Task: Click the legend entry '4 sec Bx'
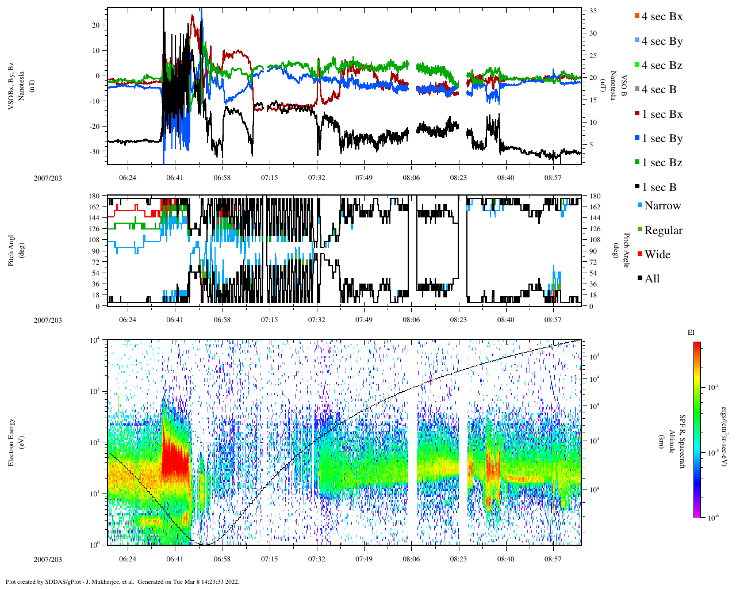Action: point(662,17)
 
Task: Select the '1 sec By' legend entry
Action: point(662,139)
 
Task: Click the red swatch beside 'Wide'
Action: point(640,254)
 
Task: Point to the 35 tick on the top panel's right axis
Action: point(593,11)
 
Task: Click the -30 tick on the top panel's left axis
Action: point(95,152)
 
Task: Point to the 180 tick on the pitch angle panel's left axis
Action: point(94,196)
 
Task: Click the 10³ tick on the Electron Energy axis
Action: point(94,391)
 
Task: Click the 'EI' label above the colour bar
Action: point(691,332)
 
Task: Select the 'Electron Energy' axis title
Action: point(11,442)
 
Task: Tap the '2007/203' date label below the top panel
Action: point(48,178)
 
